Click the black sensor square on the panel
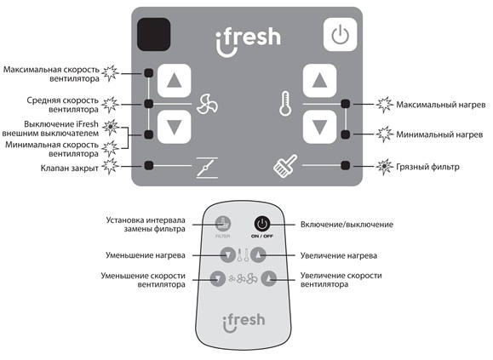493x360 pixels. click(x=154, y=34)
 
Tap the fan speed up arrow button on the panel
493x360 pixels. click(x=175, y=80)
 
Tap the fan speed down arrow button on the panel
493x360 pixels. click(x=175, y=127)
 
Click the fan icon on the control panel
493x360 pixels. click(x=207, y=104)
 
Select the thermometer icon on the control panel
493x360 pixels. click(x=285, y=104)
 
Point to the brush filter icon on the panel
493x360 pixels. click(x=285, y=166)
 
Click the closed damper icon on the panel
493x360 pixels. click(x=207, y=168)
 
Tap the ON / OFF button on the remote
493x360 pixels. click(x=262, y=224)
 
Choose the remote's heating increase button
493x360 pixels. click(x=259, y=254)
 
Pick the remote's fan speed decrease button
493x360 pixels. click(x=218, y=278)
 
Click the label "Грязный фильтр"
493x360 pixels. click(x=427, y=167)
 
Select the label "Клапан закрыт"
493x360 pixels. click(x=70, y=168)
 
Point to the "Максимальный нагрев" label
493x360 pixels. click(x=441, y=105)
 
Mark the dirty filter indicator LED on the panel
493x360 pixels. click(x=345, y=165)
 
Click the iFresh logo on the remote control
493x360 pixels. click(x=244, y=323)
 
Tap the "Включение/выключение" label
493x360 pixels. click(x=347, y=225)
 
